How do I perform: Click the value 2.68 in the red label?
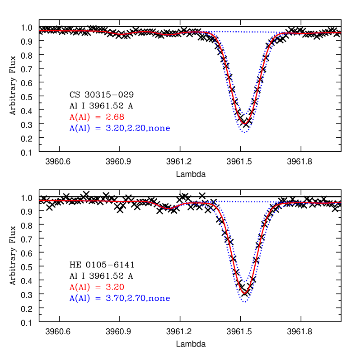(x=115, y=117)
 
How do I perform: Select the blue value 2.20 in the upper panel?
(x=134, y=128)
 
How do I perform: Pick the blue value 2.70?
(x=134, y=299)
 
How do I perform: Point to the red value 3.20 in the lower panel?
(x=115, y=287)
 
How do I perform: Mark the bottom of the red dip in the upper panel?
(x=244, y=124)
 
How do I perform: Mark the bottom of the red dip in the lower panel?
(x=244, y=294)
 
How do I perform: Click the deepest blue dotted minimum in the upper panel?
(x=244, y=133)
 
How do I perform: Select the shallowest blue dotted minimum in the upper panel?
(x=244, y=114)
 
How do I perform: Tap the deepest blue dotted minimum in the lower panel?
(x=244, y=302)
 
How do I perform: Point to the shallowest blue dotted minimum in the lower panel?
(x=244, y=282)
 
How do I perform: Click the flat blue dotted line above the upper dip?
(x=244, y=32)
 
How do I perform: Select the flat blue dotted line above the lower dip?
(x=244, y=201)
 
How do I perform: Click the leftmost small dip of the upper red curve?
(x=121, y=34)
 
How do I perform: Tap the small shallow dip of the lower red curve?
(x=168, y=209)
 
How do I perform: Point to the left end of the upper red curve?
(x=40, y=31)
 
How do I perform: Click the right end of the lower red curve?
(x=341, y=203)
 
